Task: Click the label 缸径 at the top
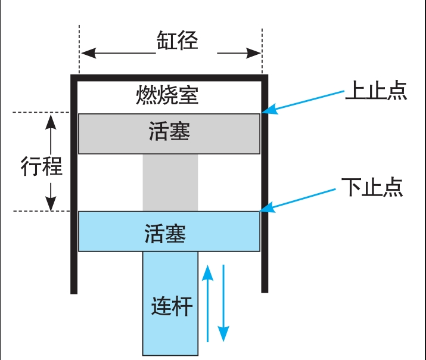tap(177, 41)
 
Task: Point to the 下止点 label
tap(372, 187)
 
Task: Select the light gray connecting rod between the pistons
tap(170, 182)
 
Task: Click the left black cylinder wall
tap(74, 185)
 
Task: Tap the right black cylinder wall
tap(265, 185)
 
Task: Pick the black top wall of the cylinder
tap(169, 77)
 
